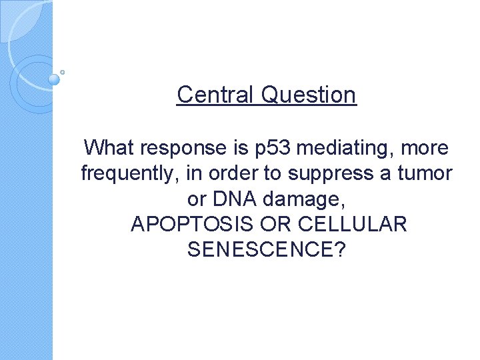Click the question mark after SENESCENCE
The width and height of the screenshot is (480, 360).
(339, 250)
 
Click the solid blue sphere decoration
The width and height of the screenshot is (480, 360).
(54, 79)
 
